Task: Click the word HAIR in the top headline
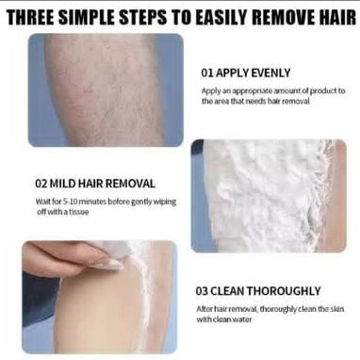coord(335,17)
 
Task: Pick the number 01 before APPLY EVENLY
coord(207,73)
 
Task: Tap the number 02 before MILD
coord(41,184)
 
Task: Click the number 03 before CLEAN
coord(202,291)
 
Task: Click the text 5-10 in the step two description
coord(69,201)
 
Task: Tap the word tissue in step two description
coord(80,212)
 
